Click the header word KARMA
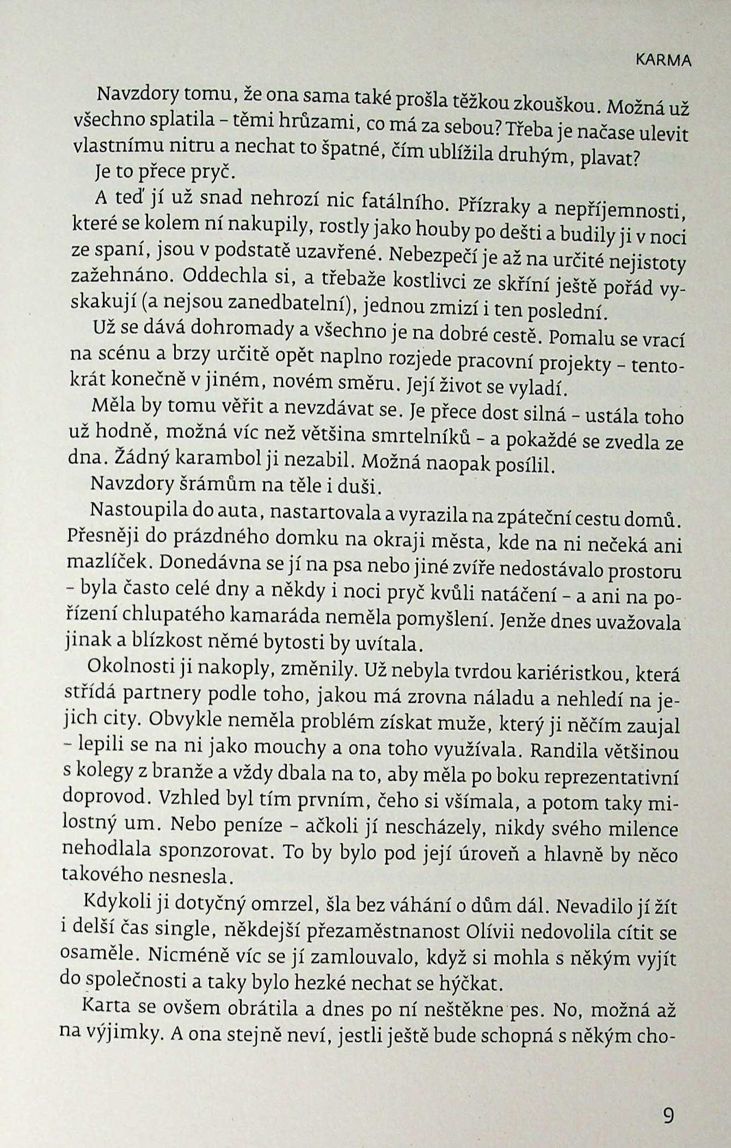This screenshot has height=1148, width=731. (x=663, y=61)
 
